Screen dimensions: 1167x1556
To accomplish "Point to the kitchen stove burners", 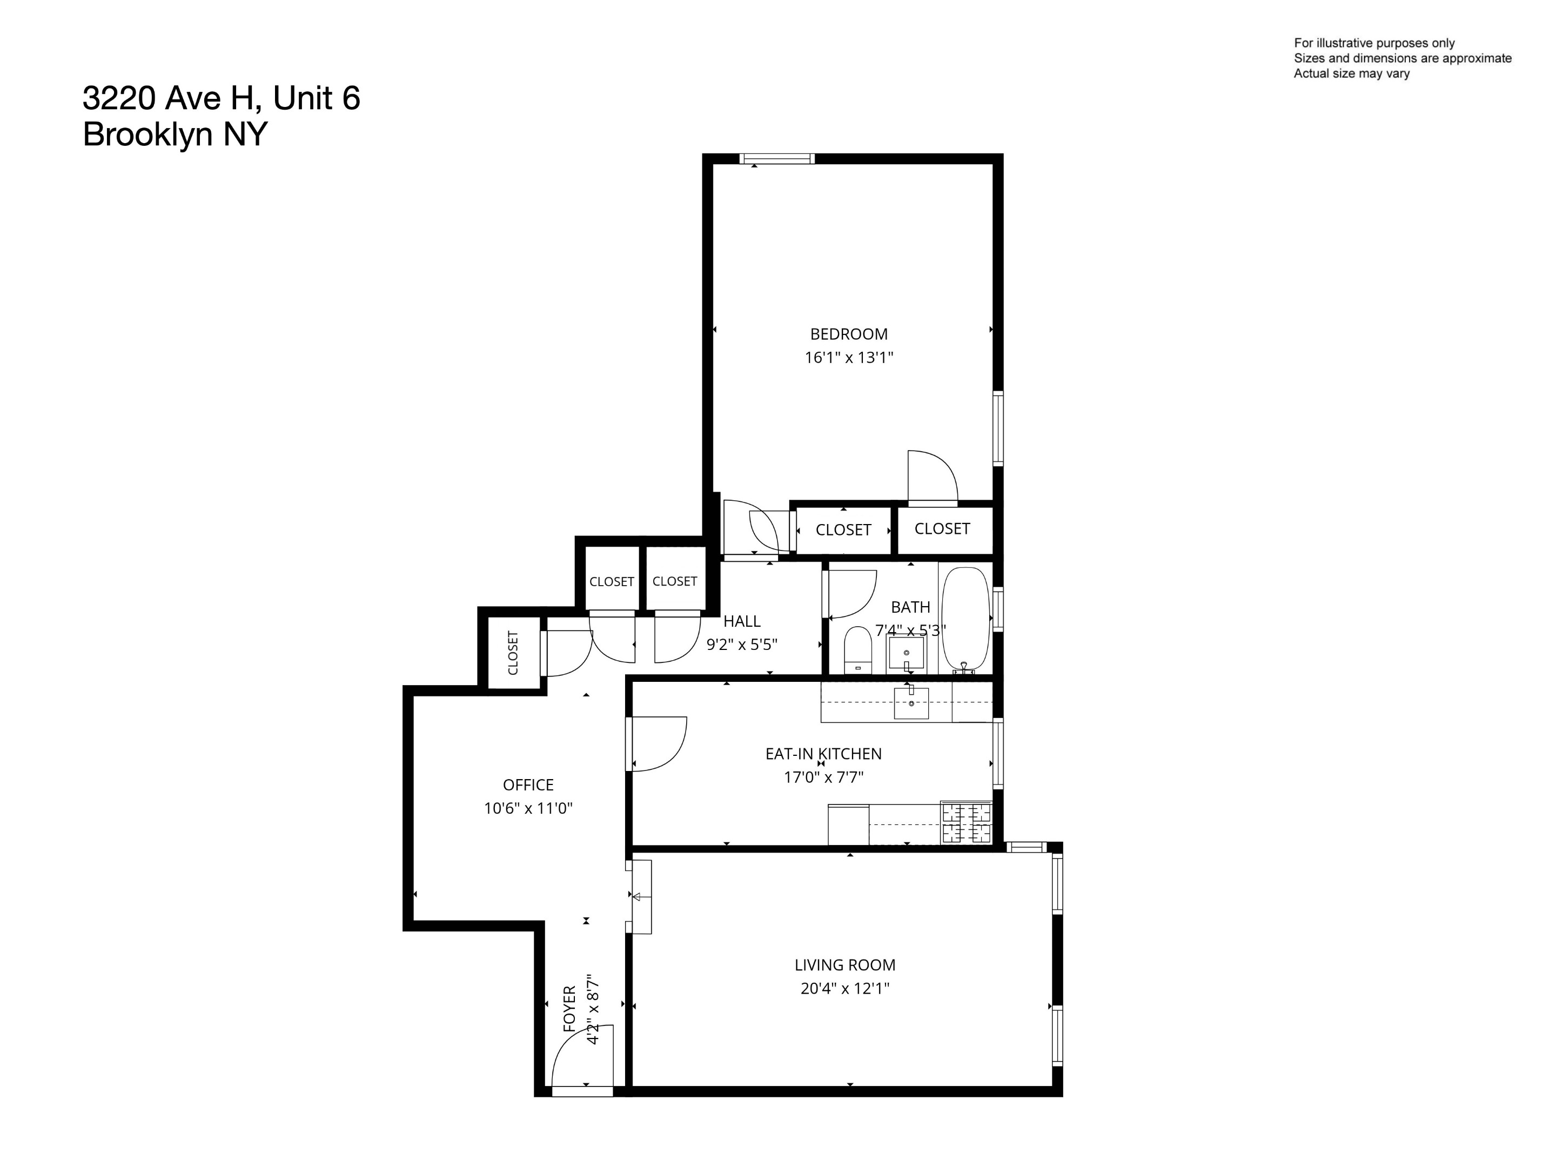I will pos(966,822).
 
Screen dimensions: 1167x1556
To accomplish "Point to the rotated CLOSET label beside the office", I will pos(513,653).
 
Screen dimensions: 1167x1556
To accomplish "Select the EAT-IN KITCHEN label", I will pos(823,754).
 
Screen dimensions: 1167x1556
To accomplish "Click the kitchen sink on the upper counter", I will pos(911,703).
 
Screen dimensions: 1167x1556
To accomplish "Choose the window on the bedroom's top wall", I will pos(776,159).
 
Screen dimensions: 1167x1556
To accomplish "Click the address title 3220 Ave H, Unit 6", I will pos(221,98).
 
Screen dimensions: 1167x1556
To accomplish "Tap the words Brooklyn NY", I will pos(175,133).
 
